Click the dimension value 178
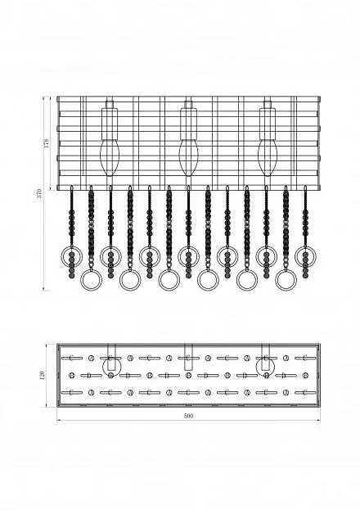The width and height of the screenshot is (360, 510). click(46, 142)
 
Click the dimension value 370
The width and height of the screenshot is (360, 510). click(39, 193)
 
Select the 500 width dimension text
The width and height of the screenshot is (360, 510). click(188, 416)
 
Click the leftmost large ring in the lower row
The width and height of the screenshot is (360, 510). click(81, 280)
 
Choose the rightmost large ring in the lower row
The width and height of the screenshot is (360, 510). click(277, 280)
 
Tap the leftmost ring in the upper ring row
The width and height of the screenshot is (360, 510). click(61, 256)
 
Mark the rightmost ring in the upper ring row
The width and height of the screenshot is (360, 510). click(295, 256)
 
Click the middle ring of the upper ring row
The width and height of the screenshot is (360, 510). click(178, 256)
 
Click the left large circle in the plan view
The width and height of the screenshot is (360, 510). click(103, 367)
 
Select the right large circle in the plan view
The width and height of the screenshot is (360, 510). click(257, 367)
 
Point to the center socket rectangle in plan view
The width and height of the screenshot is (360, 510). click(188, 357)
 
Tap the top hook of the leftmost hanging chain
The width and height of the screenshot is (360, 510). click(71, 188)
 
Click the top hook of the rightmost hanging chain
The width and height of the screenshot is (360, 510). click(305, 188)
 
